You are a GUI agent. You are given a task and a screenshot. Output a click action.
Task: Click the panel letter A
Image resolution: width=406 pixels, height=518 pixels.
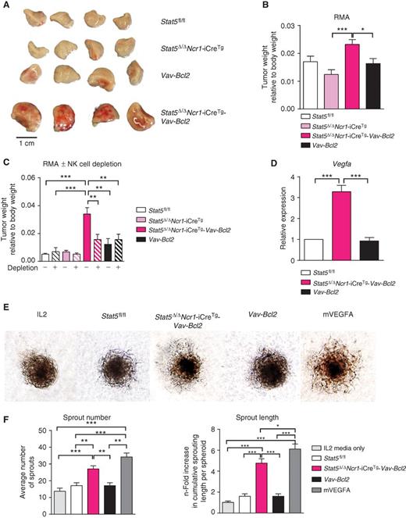5,5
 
